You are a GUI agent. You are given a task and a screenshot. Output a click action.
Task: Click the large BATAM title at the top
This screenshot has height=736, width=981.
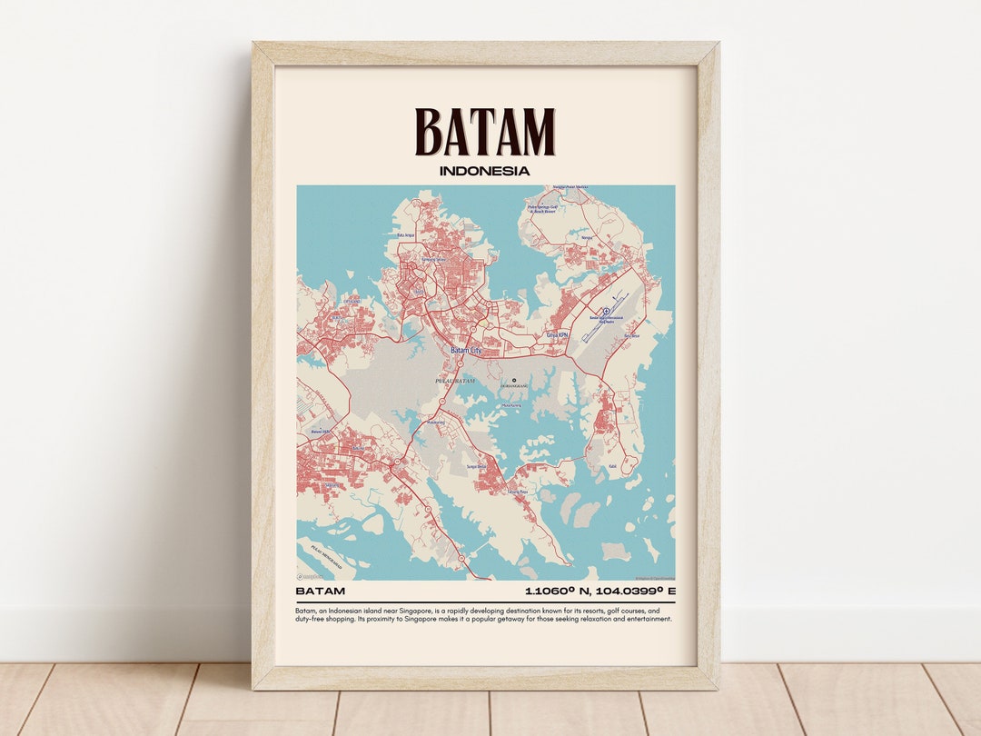(485, 132)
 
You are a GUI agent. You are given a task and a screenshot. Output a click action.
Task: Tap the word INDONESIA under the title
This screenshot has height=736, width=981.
(484, 170)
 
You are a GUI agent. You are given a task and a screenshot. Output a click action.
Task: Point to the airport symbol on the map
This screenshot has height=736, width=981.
(607, 312)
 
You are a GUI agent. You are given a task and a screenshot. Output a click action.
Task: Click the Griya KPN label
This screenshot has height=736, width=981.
(556, 334)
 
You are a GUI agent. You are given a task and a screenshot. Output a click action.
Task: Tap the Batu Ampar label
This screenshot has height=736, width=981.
(406, 235)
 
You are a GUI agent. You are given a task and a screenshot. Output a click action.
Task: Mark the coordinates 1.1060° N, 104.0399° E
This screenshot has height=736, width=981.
(600, 592)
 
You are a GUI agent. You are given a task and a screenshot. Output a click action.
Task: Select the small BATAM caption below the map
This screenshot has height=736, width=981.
(321, 592)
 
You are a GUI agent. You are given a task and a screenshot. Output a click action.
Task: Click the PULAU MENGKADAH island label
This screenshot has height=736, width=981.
(314, 548)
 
